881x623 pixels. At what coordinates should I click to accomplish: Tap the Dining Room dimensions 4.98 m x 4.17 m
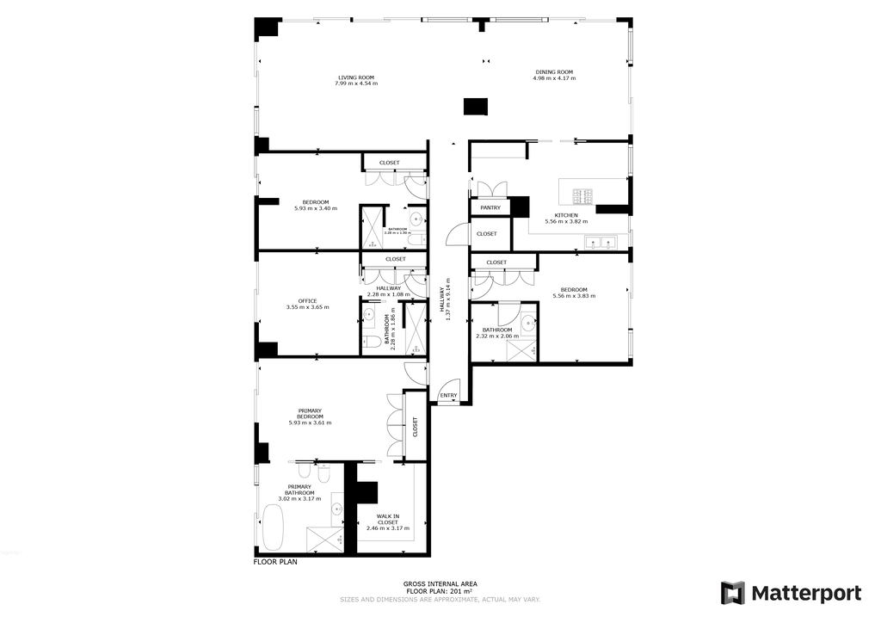click(x=554, y=78)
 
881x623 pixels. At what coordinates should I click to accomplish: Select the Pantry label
click(x=490, y=207)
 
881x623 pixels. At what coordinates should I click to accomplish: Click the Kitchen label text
click(x=565, y=215)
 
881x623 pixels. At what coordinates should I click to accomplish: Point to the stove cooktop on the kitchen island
click(x=583, y=196)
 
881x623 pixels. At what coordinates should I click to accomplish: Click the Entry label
click(x=448, y=396)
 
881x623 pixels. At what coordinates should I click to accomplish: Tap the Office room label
click(x=307, y=300)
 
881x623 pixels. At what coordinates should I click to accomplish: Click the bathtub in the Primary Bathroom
click(x=274, y=527)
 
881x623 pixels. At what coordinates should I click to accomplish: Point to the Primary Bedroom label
click(x=310, y=413)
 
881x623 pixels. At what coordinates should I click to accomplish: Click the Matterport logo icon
click(x=732, y=593)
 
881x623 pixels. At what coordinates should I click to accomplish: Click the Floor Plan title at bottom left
click(x=274, y=562)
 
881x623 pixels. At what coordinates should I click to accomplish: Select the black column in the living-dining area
click(x=476, y=106)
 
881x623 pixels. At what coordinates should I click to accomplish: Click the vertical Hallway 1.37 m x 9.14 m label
click(x=447, y=299)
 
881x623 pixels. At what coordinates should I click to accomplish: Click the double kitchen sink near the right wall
click(x=600, y=243)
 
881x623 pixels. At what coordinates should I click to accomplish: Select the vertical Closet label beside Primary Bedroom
click(x=415, y=427)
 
